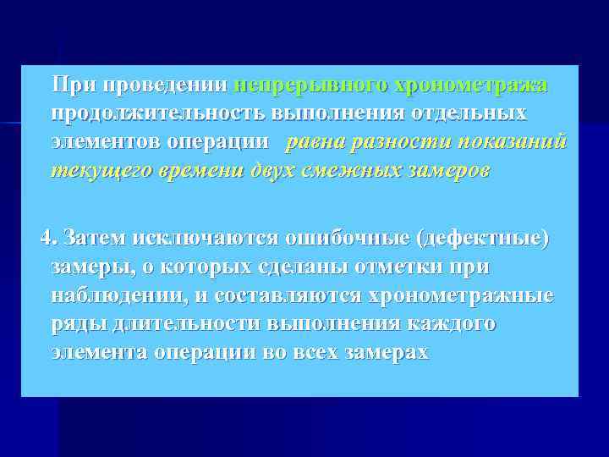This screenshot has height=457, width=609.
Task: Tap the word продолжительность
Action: click(160, 113)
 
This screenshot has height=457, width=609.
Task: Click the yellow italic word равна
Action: click(316, 141)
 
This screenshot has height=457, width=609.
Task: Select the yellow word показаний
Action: click(507, 141)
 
